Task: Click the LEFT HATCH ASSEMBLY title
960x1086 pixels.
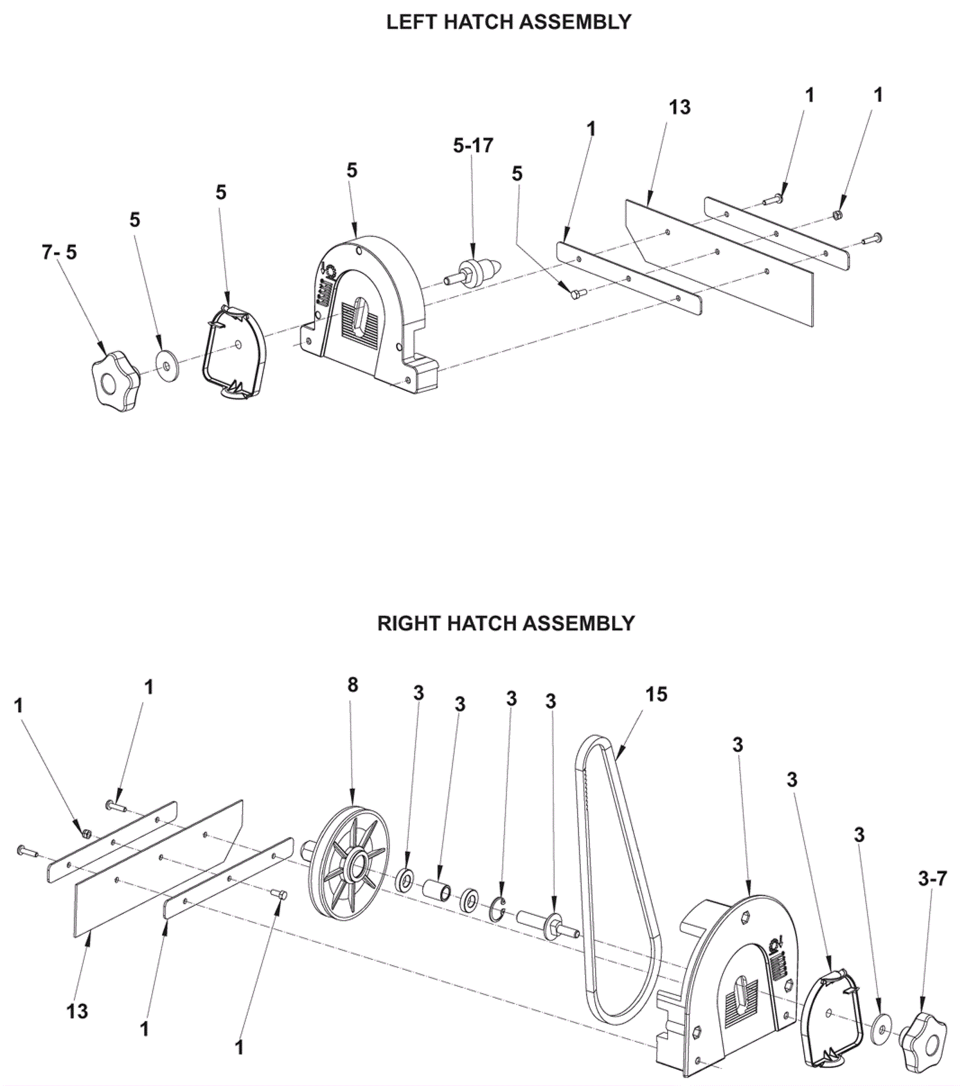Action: [x=508, y=22]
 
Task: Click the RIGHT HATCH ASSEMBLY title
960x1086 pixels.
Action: [x=506, y=623]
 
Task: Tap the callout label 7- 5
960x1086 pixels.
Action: [x=59, y=252]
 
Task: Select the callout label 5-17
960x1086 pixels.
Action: [x=473, y=145]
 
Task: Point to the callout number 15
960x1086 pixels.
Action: [x=656, y=694]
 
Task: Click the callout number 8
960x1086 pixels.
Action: [x=352, y=685]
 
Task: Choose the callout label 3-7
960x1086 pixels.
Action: [x=932, y=879]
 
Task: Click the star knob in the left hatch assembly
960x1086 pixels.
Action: [x=116, y=382]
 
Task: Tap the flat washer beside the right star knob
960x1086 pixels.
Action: [x=880, y=1028]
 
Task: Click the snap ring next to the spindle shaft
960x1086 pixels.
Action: [x=497, y=908]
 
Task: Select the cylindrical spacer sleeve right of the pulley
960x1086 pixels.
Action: [x=438, y=889]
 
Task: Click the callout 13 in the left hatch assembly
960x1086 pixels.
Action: [x=679, y=107]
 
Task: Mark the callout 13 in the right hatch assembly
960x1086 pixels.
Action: [x=77, y=1011]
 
